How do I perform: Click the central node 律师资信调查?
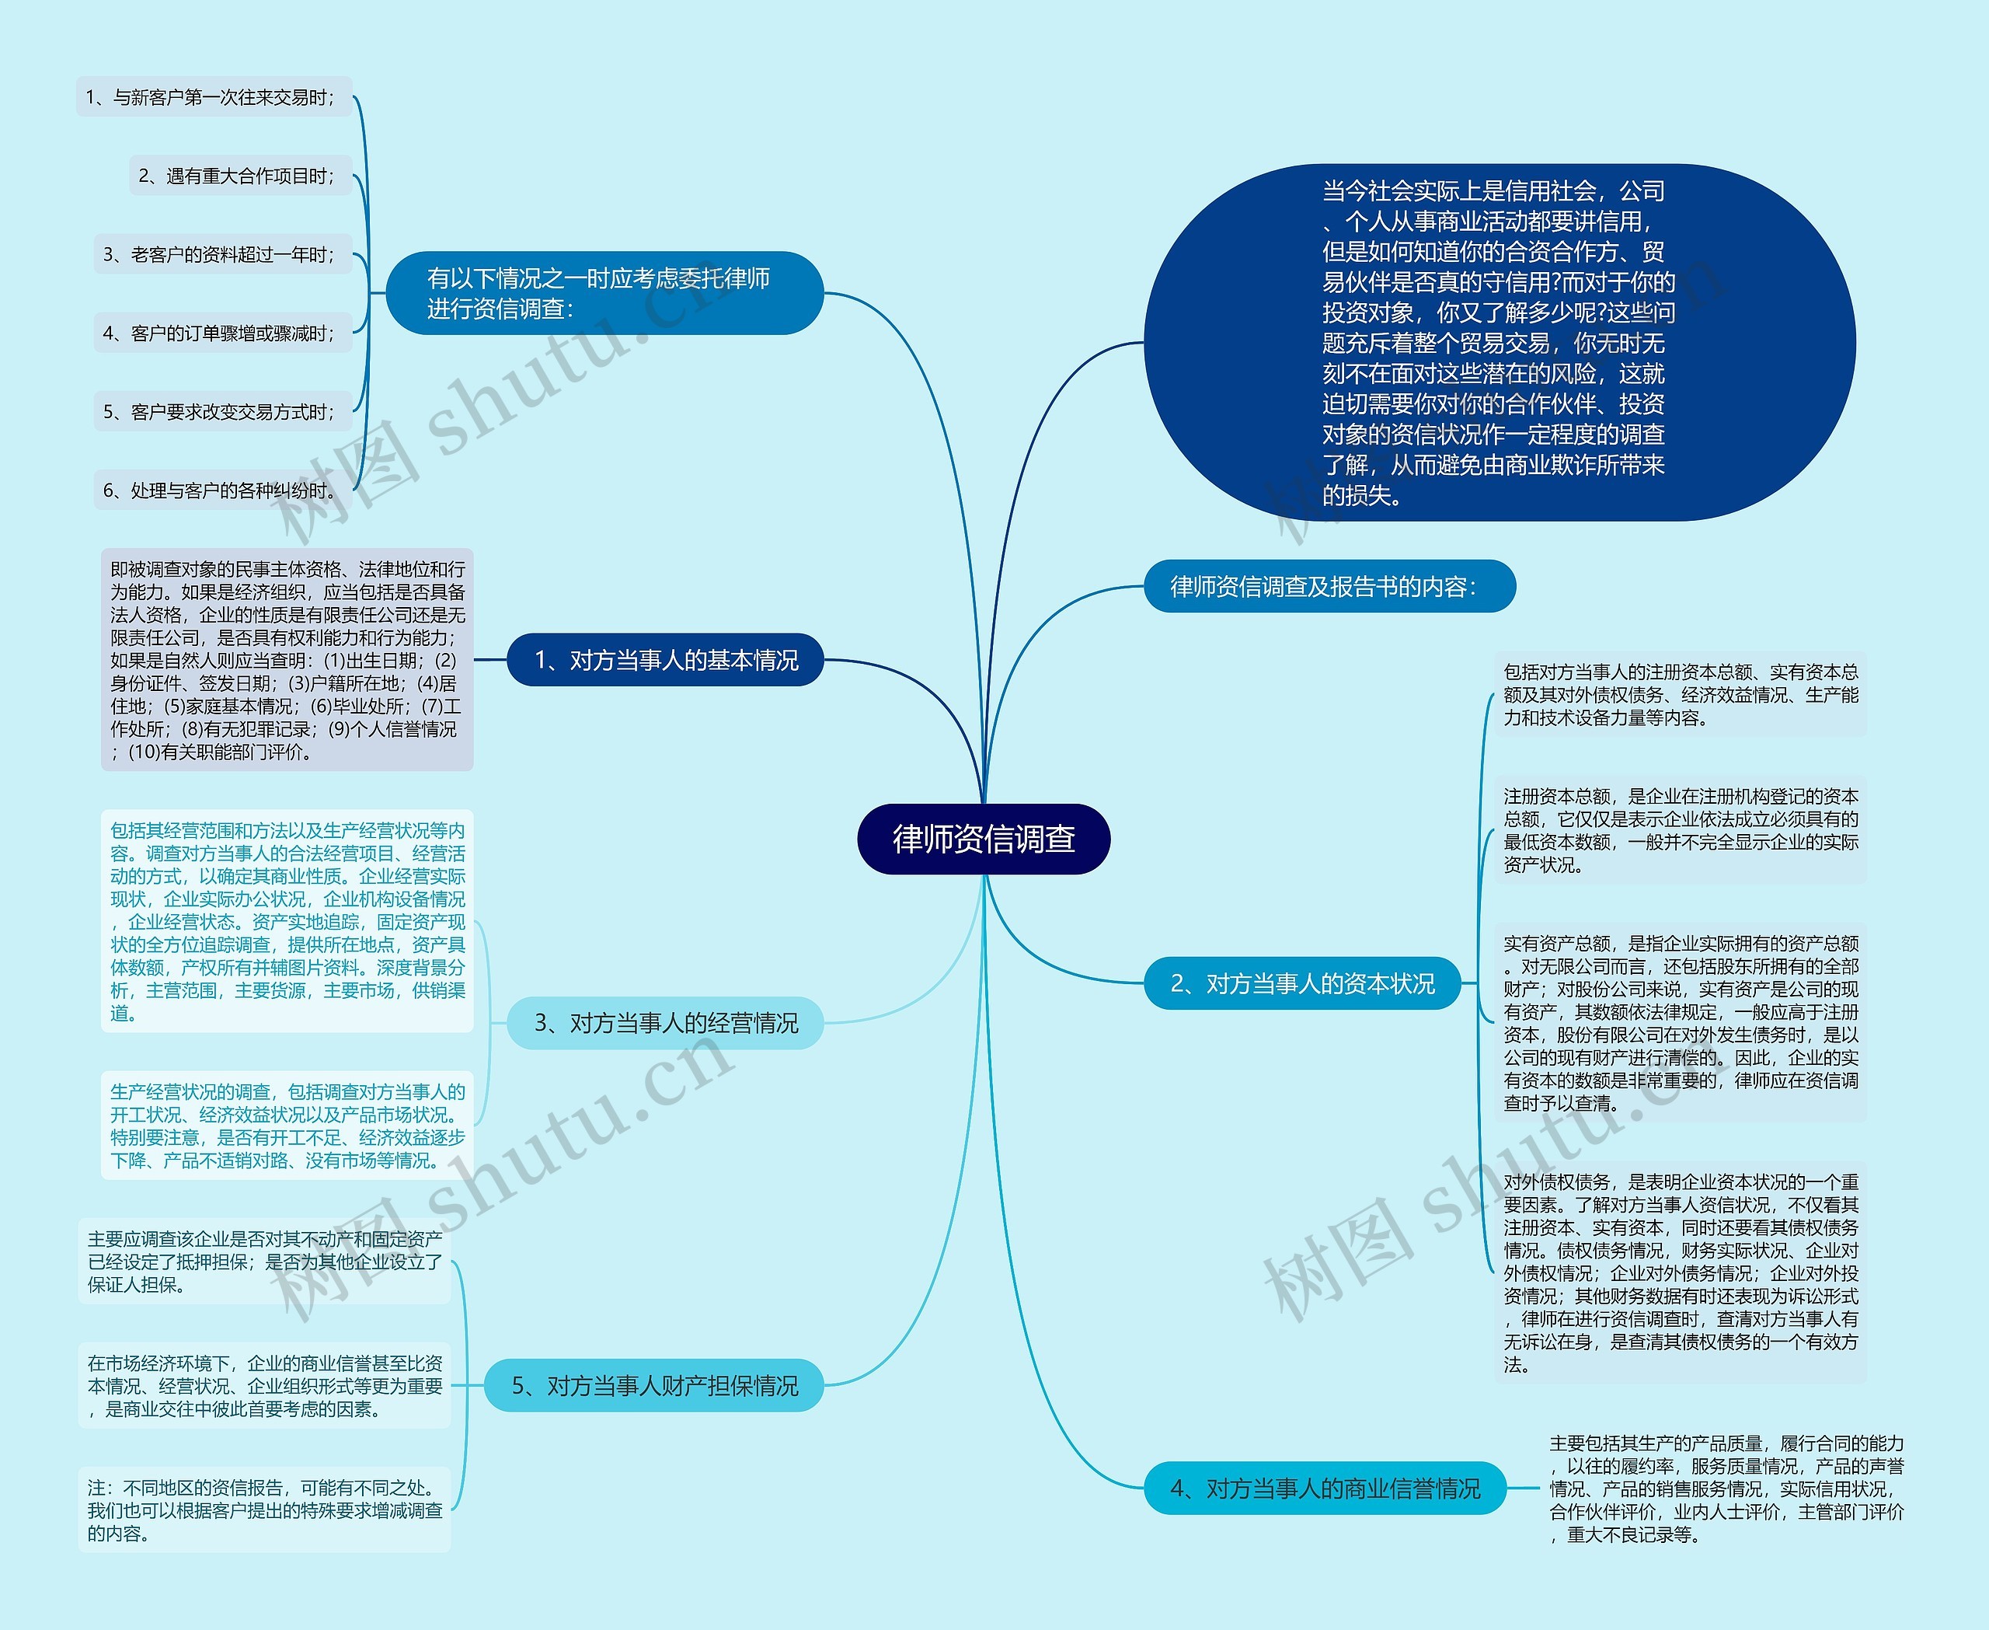click(984, 839)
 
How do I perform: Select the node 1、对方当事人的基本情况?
click(666, 660)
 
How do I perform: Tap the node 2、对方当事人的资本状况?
click(1302, 983)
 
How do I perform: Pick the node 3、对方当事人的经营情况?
click(666, 1022)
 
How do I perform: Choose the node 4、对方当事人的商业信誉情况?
click(1325, 1489)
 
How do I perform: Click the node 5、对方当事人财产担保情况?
click(654, 1386)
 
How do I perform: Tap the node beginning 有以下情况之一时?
click(604, 293)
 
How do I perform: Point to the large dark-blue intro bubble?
click(1498, 343)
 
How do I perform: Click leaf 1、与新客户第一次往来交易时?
click(214, 98)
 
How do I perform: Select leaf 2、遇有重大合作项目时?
click(240, 176)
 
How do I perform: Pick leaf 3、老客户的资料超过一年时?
click(222, 254)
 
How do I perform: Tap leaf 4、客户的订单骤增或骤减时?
click(222, 333)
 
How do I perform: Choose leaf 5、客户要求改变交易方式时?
click(222, 411)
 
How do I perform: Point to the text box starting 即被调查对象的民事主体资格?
click(287, 660)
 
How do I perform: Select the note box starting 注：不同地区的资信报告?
click(265, 1510)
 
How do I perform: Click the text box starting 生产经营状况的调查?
click(287, 1126)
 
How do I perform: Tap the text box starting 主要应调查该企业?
click(265, 1262)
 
